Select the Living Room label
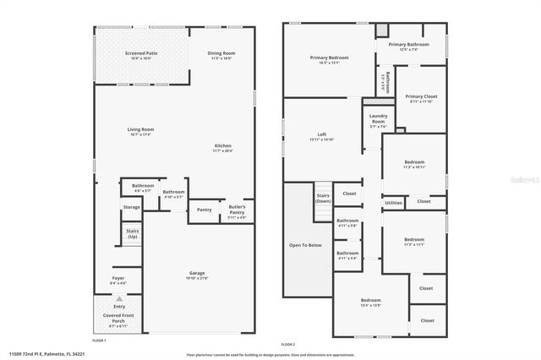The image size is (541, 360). [x=139, y=130]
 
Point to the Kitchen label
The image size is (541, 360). [x=222, y=146]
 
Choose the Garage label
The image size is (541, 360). [x=197, y=273]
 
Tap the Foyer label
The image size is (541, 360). [x=119, y=278]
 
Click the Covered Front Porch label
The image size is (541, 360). [x=119, y=319]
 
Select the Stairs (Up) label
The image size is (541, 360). [x=132, y=233]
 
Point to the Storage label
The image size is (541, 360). [x=132, y=207]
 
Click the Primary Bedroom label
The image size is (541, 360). [x=329, y=57]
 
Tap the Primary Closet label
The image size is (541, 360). [x=420, y=97]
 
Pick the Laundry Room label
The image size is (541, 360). [x=378, y=119]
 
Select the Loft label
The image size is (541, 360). [x=321, y=134]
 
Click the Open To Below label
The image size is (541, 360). [x=305, y=245]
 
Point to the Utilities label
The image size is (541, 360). [x=394, y=203]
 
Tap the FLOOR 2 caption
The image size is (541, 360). [x=287, y=344]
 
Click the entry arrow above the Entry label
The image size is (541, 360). [x=119, y=298]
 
